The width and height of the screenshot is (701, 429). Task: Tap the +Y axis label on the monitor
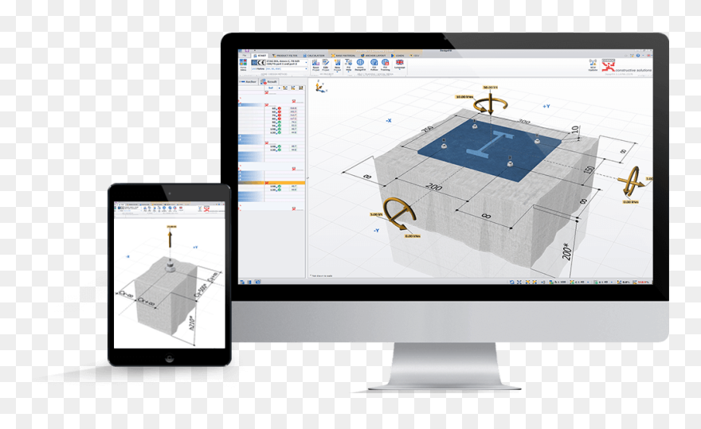click(546, 106)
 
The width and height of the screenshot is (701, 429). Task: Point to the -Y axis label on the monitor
click(374, 230)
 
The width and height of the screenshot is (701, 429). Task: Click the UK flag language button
click(399, 62)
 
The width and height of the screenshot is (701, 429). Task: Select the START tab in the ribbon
click(261, 56)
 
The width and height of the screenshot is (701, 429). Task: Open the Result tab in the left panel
click(271, 82)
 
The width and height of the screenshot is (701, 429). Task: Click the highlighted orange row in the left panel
click(272, 182)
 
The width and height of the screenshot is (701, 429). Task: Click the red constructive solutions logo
click(609, 64)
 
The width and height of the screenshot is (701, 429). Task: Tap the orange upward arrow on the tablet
click(170, 236)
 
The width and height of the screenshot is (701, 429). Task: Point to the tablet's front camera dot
click(169, 193)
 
